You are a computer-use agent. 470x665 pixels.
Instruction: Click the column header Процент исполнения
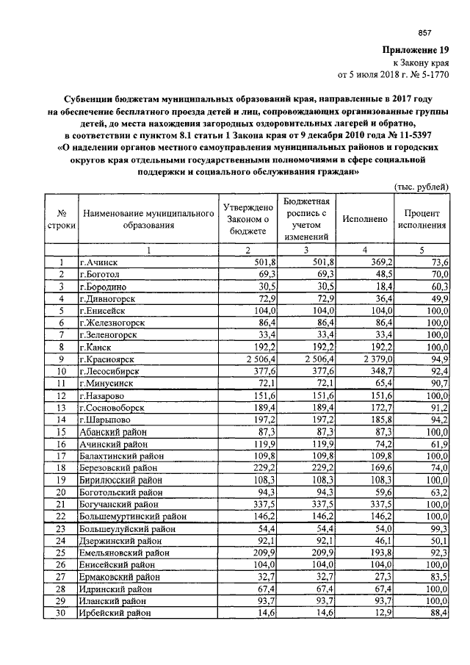click(422, 219)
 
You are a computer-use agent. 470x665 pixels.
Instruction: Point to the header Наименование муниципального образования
click(148, 219)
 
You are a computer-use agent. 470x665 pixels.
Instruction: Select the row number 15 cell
click(62, 431)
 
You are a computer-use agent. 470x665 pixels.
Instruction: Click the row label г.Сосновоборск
click(114, 406)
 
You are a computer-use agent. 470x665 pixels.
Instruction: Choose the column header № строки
click(62, 219)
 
